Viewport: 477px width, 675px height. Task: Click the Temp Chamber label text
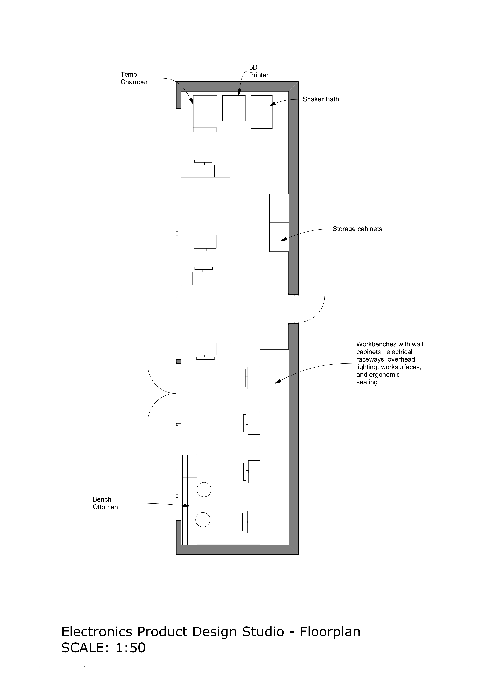(134, 78)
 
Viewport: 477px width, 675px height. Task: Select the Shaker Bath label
(321, 99)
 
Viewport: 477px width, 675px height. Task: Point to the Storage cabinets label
(357, 229)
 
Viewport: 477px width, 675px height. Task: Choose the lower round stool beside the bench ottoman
(203, 519)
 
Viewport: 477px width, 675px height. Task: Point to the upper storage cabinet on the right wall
(279, 208)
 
